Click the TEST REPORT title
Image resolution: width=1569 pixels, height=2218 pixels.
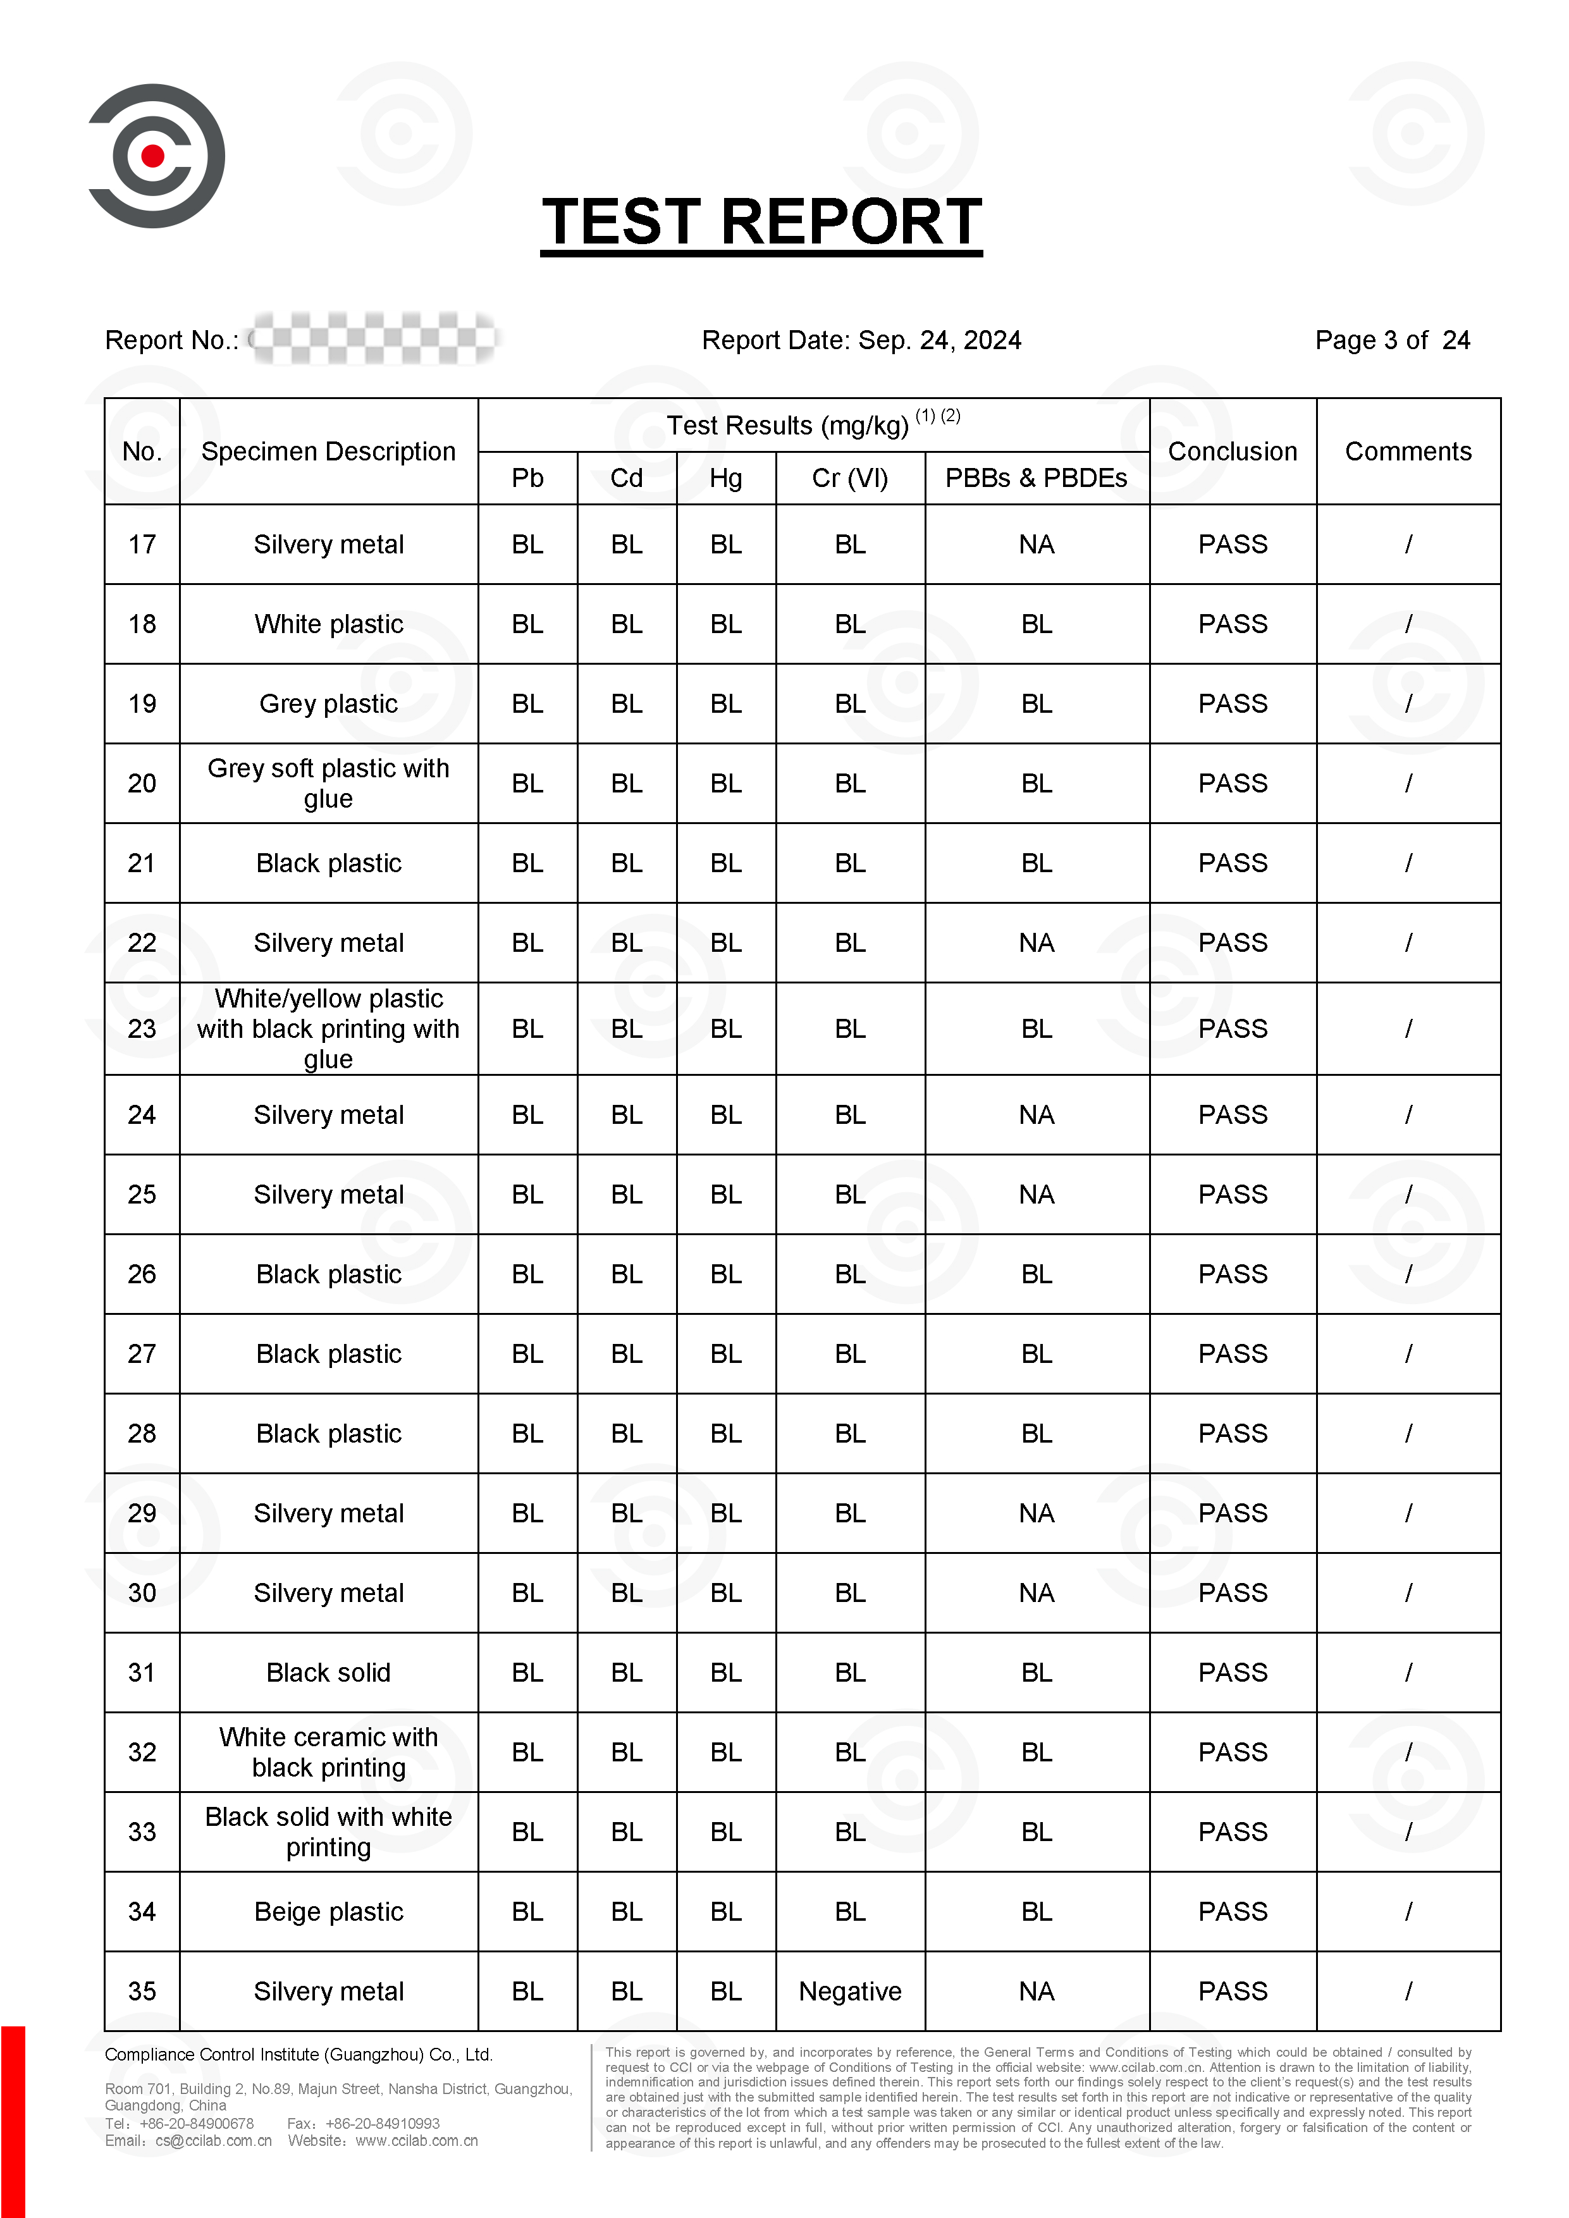click(761, 222)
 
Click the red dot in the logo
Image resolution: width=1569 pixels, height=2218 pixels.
click(152, 156)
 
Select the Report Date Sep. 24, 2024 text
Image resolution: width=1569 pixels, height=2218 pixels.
click(861, 340)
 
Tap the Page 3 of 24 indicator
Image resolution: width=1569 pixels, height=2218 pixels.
click(1391, 340)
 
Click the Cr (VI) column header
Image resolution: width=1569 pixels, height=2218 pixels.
click(850, 478)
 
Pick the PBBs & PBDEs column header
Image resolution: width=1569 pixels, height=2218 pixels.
click(1036, 478)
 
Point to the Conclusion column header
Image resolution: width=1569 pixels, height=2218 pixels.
click(1232, 451)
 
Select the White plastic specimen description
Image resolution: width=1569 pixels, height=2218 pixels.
click(328, 624)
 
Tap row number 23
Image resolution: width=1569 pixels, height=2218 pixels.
click(142, 1029)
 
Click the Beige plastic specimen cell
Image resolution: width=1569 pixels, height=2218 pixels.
click(328, 1912)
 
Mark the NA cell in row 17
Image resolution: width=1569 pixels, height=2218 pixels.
click(1036, 545)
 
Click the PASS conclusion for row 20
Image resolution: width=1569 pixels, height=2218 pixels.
click(1232, 784)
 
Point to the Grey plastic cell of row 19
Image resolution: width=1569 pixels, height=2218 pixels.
click(328, 705)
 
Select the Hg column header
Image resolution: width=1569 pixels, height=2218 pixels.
click(725, 478)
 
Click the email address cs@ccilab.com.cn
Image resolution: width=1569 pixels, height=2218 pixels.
click(214, 2141)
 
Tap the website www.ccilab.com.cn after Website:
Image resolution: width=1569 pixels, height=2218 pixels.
click(416, 2141)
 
